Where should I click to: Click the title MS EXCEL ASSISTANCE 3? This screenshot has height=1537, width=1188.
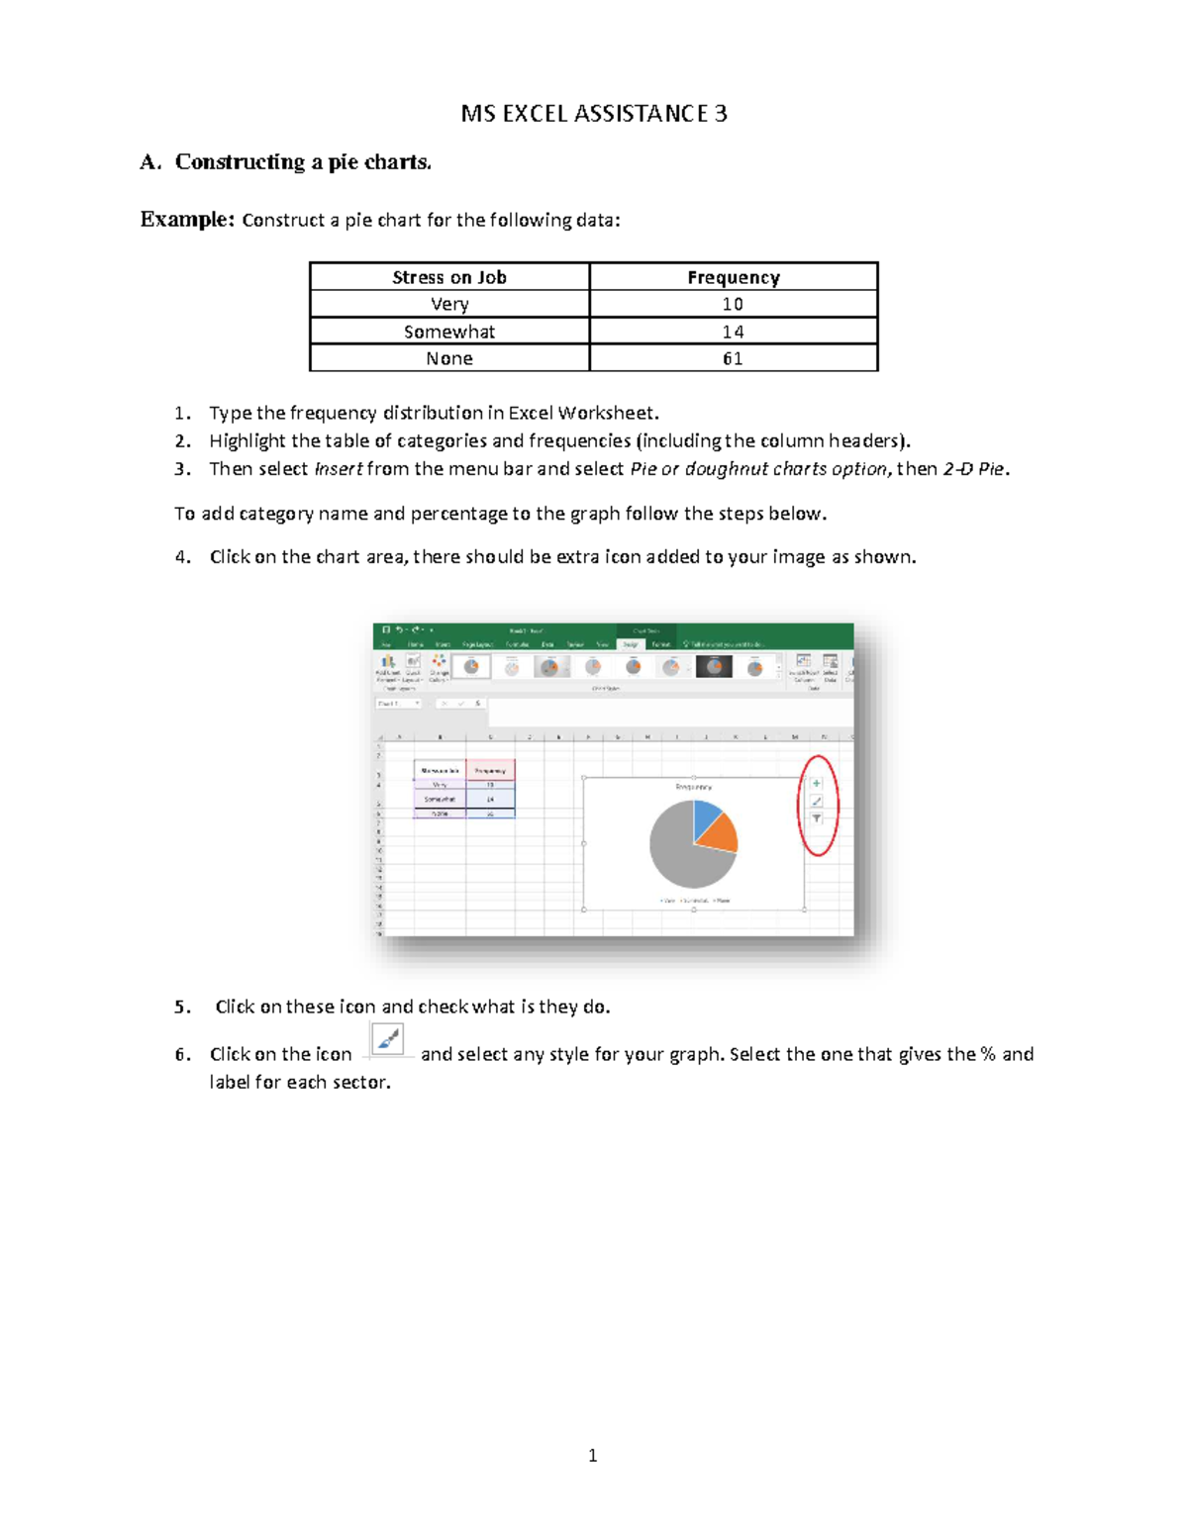coord(594,114)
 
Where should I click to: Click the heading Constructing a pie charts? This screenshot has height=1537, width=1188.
coord(302,162)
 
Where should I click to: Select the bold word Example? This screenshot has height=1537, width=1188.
coord(186,219)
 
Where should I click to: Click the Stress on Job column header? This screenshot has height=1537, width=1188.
coord(449,277)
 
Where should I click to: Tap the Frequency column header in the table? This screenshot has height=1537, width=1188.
coord(733,277)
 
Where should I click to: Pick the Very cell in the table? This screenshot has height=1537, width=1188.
coord(449,304)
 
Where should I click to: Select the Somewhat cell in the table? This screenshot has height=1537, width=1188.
coord(449,332)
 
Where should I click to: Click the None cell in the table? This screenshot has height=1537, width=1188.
coord(449,358)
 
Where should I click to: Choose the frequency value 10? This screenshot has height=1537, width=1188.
coord(733,304)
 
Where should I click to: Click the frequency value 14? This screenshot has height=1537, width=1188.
coord(733,332)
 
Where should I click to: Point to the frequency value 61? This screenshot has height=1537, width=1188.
coord(733,358)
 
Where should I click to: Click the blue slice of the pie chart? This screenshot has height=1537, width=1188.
coord(706,817)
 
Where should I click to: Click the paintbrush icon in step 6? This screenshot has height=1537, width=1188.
coord(387,1040)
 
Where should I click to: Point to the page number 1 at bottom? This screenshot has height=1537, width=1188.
coord(592,1455)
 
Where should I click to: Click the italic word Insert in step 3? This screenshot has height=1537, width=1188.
coord(338,469)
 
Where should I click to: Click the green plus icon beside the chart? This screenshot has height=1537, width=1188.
coord(817,783)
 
